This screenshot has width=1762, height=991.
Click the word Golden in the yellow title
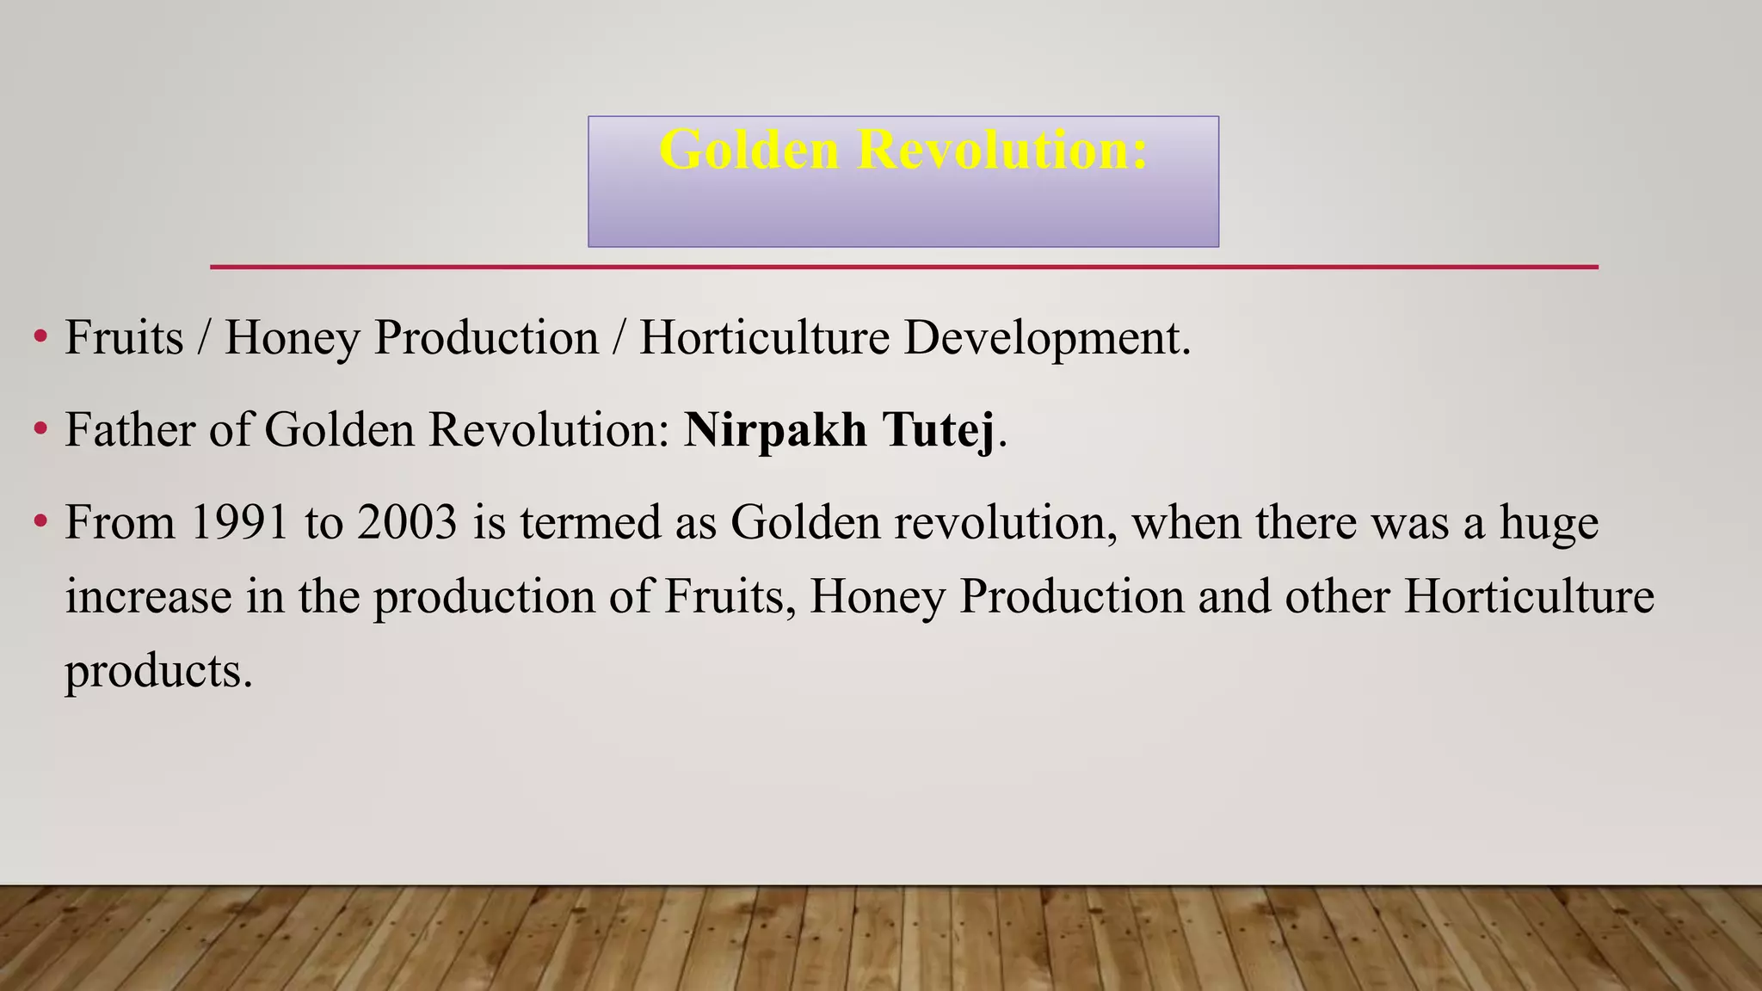[x=748, y=150]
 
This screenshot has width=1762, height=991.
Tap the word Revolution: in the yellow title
[x=1002, y=150]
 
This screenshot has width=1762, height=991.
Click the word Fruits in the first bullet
[x=124, y=337]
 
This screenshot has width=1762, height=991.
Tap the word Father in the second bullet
[x=129, y=429]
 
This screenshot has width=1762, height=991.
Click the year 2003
[x=407, y=522]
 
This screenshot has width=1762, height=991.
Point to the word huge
[x=1549, y=522]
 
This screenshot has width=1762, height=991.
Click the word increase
[x=148, y=596]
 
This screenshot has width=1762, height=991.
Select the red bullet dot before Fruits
[x=40, y=336]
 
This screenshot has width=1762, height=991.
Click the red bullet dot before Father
[x=40, y=428]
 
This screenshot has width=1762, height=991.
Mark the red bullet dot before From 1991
[x=40, y=521]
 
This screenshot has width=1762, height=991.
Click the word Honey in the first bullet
[x=292, y=337]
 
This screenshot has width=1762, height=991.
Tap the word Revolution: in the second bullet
[x=549, y=429]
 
